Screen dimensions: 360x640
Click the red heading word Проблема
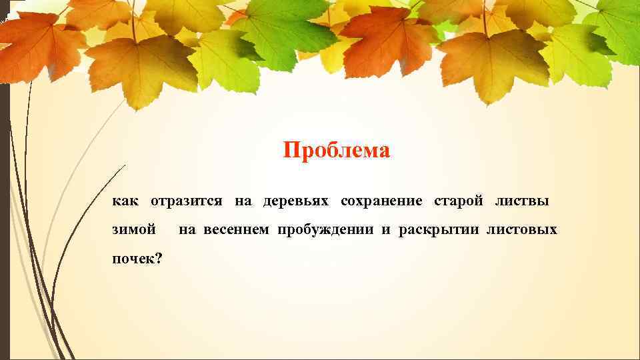(x=336, y=151)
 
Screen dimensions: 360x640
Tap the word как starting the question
(x=125, y=201)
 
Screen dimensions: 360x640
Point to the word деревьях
(x=297, y=201)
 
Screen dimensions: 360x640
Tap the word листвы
(x=522, y=201)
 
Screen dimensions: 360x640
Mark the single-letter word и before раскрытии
(x=385, y=230)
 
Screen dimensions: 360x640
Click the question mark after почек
(x=157, y=258)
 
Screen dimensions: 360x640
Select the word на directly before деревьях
(x=242, y=201)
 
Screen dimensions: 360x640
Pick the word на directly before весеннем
(x=187, y=230)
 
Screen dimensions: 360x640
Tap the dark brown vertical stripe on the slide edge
(x=4, y=200)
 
